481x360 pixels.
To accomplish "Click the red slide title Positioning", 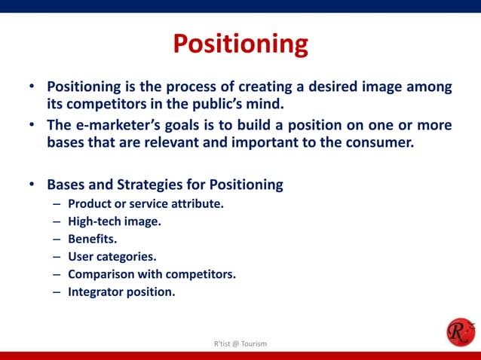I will tap(240, 44).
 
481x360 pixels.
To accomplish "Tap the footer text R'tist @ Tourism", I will tap(240, 344).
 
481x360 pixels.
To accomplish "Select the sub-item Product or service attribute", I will tap(146, 204).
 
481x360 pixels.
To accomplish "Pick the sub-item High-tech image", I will tap(115, 221).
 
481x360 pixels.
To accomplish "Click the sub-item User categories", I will tap(112, 256).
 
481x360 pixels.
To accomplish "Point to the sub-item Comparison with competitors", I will tap(152, 273).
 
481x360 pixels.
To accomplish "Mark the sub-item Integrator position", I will tap(121, 291).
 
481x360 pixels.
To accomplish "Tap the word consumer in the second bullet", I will tap(380, 142).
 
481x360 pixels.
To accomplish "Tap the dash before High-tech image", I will tap(57, 221).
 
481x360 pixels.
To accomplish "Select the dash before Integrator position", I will tap(57, 291).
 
